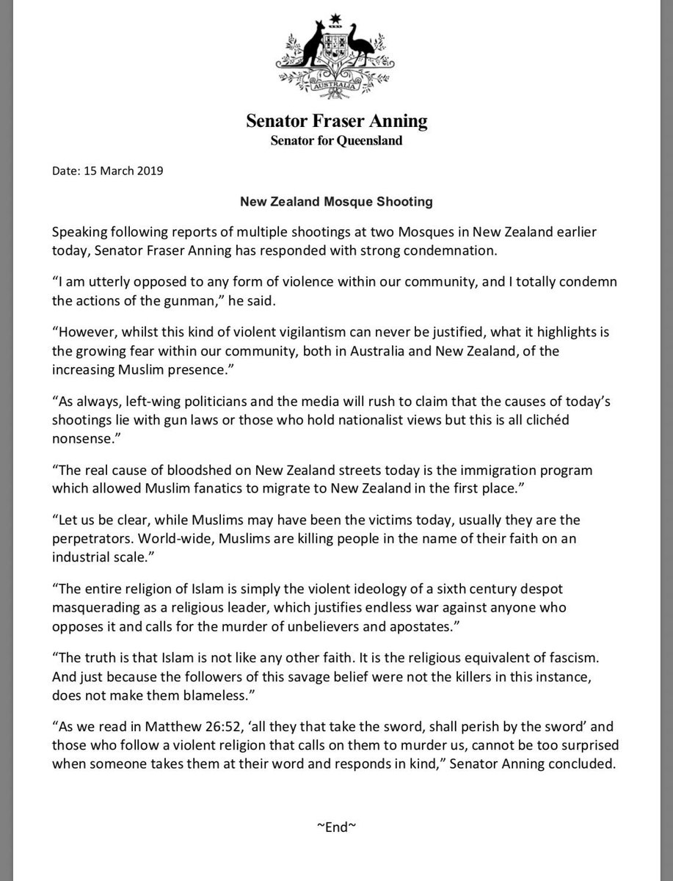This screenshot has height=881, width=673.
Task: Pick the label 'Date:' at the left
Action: (x=67, y=173)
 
